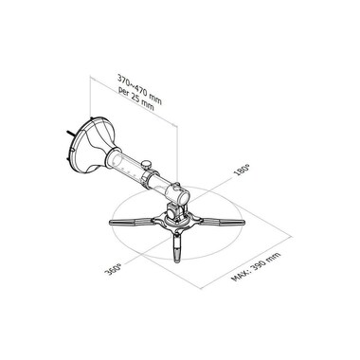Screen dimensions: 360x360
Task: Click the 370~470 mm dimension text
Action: (139, 89)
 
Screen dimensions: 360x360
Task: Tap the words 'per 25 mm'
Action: (136, 99)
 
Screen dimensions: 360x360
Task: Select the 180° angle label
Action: (242, 170)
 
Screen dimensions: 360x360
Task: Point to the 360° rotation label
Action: (113, 269)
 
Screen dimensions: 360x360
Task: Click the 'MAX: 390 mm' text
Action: (256, 267)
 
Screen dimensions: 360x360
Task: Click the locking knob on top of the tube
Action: (146, 165)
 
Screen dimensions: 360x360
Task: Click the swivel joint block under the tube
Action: (173, 211)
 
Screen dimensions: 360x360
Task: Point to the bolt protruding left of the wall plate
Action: (70, 133)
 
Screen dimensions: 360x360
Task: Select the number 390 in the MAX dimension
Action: (259, 265)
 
